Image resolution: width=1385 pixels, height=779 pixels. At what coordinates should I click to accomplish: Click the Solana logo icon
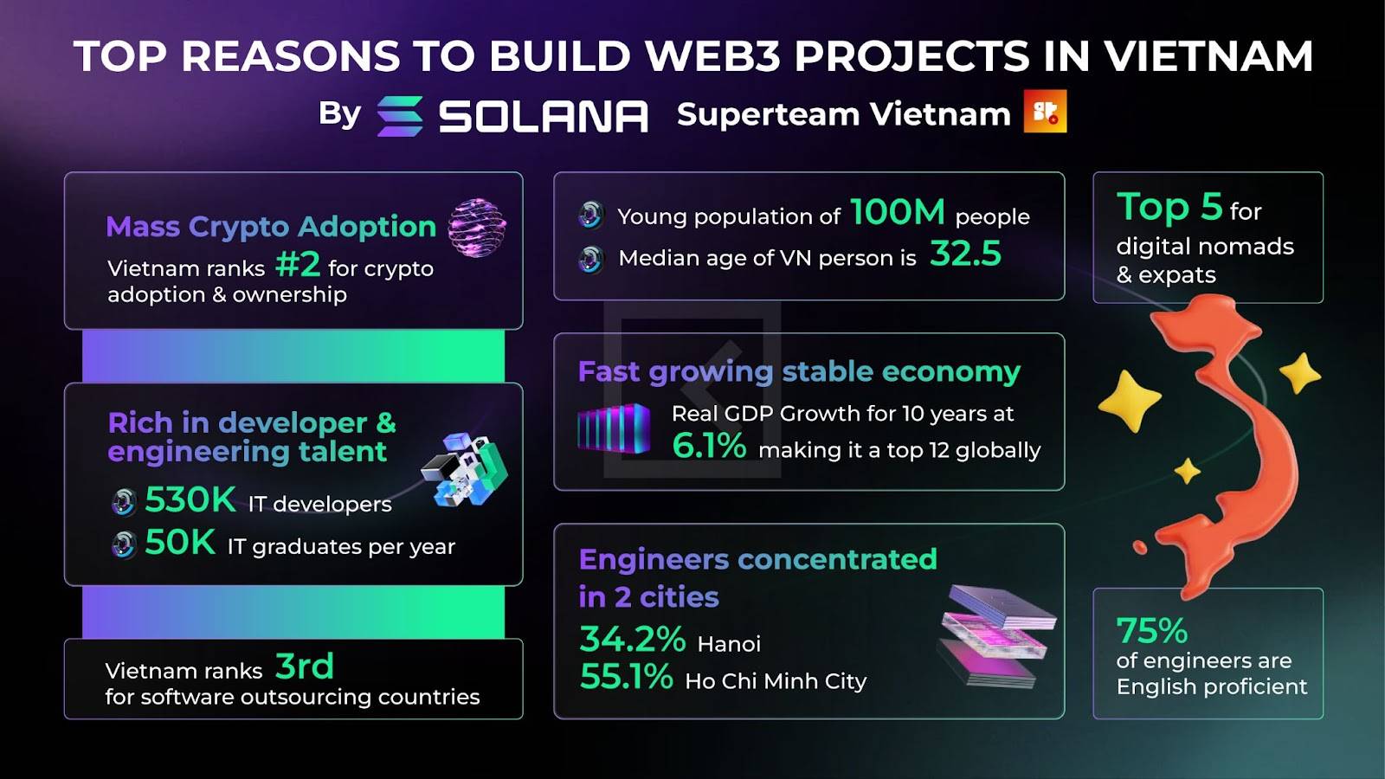pyautogui.click(x=400, y=116)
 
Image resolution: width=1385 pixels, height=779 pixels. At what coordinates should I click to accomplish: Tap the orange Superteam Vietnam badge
pyautogui.click(x=1045, y=112)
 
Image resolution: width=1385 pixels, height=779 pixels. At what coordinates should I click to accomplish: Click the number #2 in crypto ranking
pyautogui.click(x=298, y=264)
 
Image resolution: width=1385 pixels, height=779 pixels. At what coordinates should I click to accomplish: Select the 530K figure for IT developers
pyautogui.click(x=190, y=499)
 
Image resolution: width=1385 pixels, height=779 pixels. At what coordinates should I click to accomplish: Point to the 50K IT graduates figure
pyautogui.click(x=180, y=542)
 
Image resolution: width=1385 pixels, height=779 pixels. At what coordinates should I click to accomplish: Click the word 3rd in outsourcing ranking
pyautogui.click(x=304, y=666)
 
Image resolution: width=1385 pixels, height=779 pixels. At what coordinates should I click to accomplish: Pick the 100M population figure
pyautogui.click(x=898, y=212)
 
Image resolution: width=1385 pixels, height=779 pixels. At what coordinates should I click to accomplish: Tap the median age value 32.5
pyautogui.click(x=965, y=254)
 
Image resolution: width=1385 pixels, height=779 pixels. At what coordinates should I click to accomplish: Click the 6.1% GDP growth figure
pyautogui.click(x=709, y=445)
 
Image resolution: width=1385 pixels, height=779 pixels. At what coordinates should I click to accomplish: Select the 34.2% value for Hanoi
pyautogui.click(x=633, y=640)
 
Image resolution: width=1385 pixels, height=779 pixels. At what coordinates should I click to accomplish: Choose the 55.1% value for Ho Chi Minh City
pyautogui.click(x=627, y=676)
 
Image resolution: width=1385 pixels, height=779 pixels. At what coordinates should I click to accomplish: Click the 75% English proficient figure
pyautogui.click(x=1152, y=631)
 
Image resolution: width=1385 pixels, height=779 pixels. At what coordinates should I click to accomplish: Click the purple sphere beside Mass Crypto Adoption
pyautogui.click(x=477, y=228)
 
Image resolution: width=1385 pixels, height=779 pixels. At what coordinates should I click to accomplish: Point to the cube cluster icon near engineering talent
pyautogui.click(x=464, y=470)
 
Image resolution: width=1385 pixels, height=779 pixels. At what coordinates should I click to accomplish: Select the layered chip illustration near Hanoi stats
pyautogui.click(x=996, y=635)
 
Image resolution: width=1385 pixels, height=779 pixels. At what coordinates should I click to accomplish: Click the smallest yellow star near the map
pyautogui.click(x=1187, y=471)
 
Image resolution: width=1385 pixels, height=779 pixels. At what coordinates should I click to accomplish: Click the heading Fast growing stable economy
pyautogui.click(x=799, y=372)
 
